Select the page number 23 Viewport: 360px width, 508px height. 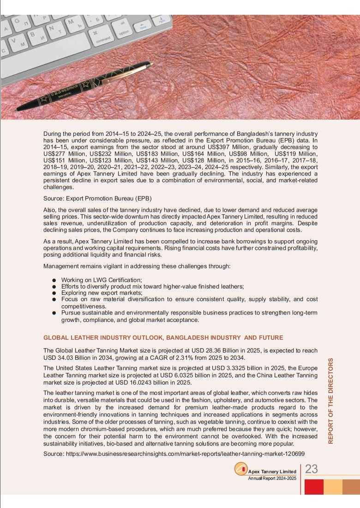click(x=312, y=469)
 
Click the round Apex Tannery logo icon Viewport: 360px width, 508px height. click(x=241, y=469)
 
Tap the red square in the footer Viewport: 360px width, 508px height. click(x=314, y=486)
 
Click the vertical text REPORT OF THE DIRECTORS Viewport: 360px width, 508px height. click(x=330, y=401)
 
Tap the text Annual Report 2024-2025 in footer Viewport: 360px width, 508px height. click(x=272, y=478)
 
